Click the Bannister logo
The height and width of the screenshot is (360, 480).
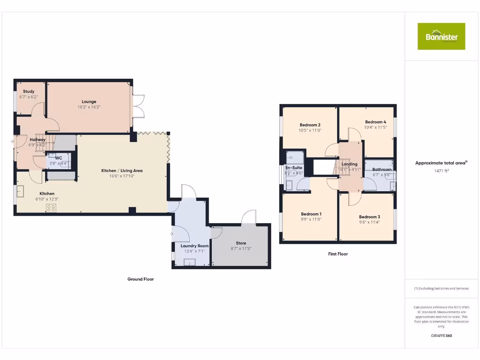[441, 36]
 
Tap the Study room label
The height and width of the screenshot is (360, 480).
[29, 91]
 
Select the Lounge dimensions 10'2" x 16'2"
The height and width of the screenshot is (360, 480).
[89, 107]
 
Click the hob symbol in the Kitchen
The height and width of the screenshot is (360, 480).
[51, 208]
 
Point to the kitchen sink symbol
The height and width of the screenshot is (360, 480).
[21, 192]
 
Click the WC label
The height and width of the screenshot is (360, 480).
[59, 158]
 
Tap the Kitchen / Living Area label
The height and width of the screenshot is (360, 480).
[122, 171]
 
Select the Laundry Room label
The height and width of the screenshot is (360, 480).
[195, 246]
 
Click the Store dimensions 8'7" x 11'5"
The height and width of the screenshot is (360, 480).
[241, 248]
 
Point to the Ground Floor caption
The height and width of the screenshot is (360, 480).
[141, 279]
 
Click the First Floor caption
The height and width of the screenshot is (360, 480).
[337, 254]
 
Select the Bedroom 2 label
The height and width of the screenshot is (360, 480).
[310, 125]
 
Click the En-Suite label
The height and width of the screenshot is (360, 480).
[294, 167]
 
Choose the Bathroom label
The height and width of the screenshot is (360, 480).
[382, 169]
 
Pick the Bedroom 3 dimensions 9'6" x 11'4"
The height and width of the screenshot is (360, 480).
[369, 222]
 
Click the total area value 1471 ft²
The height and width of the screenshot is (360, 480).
[441, 171]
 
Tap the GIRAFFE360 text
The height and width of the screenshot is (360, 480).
[441, 336]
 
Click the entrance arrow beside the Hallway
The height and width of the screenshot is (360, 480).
[11, 141]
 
